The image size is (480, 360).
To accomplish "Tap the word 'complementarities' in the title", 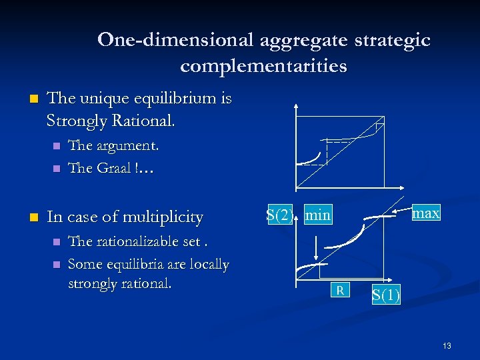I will click(x=263, y=66).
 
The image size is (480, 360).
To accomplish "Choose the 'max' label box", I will click(x=426, y=213).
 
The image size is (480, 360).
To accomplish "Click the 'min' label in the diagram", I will click(x=318, y=215).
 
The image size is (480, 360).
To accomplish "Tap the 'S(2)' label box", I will click(x=279, y=215).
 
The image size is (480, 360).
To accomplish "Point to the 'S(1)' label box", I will click(x=386, y=295).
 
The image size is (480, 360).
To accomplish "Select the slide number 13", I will click(x=447, y=345).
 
